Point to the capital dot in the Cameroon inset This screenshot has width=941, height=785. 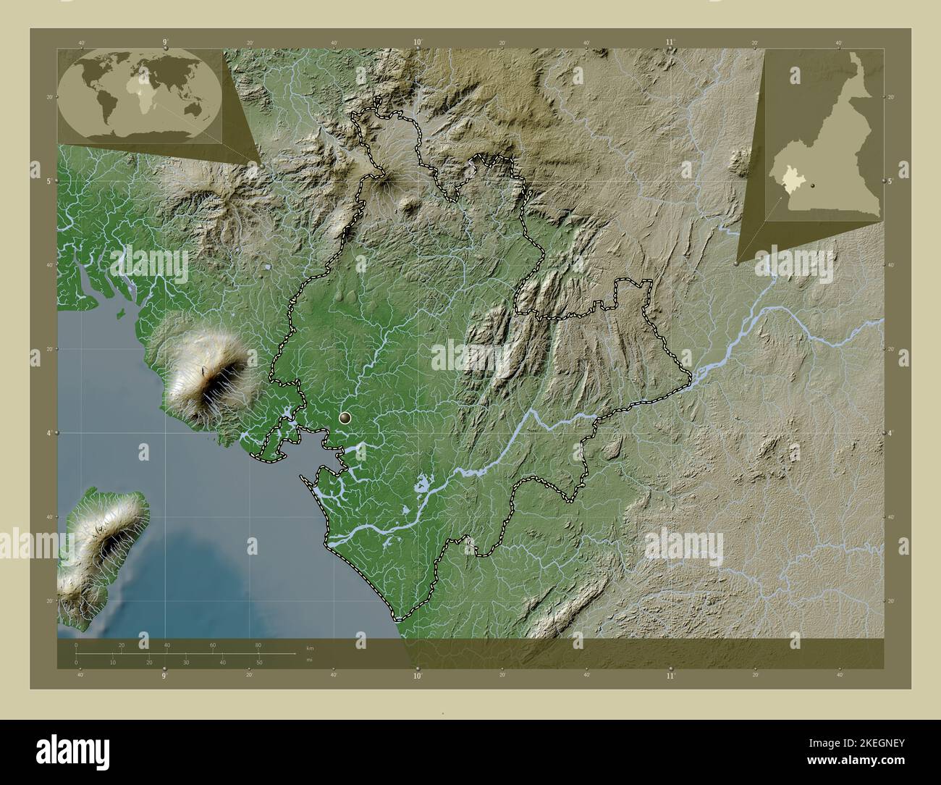[814, 186]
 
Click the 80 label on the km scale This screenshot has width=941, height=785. [258, 645]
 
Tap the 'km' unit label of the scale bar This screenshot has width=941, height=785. [310, 647]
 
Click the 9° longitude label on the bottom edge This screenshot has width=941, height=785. [164, 676]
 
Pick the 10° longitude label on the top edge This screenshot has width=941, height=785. [418, 43]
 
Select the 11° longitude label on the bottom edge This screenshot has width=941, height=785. [670, 676]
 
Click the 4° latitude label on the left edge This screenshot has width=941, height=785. [50, 433]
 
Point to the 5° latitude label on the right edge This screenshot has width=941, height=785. [890, 181]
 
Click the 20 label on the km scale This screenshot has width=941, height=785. [122, 645]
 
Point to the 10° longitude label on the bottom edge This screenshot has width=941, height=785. [417, 676]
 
